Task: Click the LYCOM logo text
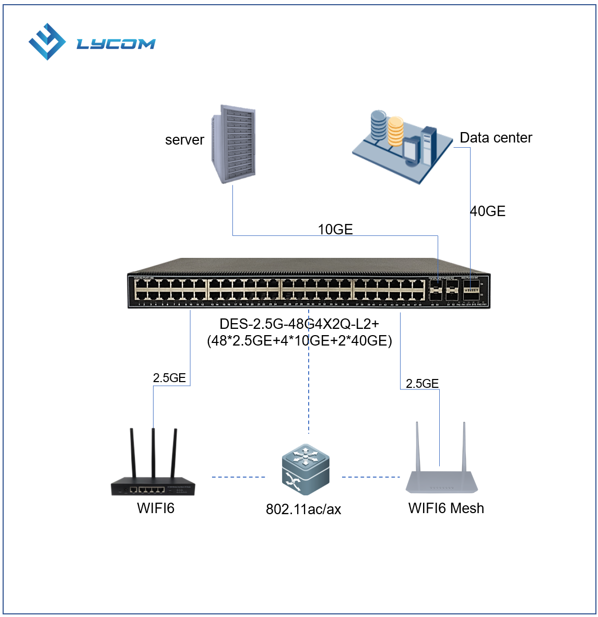tap(116, 44)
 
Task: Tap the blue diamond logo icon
tap(47, 42)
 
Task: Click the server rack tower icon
tap(234, 144)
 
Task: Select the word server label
tap(184, 140)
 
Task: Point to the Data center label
tap(496, 138)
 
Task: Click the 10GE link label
tap(335, 229)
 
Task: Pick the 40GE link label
tap(488, 211)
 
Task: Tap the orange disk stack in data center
tap(395, 130)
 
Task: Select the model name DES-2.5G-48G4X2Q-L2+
tap(299, 324)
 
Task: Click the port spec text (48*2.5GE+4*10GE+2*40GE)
tap(299, 341)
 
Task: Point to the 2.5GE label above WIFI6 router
tap(169, 378)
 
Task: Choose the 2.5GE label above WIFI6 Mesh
tap(422, 384)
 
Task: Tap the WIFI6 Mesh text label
tap(446, 508)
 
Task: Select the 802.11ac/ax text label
tap(303, 509)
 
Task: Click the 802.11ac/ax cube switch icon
tap(306, 470)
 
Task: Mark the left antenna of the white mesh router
tap(417, 446)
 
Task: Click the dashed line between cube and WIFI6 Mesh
tap(371, 477)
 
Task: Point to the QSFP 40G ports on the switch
tap(472, 292)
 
